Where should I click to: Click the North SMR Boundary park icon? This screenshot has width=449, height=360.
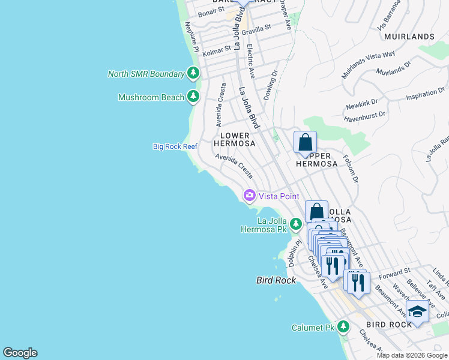[193, 74]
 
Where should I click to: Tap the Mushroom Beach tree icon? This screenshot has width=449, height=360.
[193, 97]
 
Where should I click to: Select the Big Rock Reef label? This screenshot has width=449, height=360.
[175, 146]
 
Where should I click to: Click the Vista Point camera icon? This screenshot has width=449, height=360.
[249, 196]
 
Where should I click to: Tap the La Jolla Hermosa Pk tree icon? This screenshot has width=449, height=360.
[295, 224]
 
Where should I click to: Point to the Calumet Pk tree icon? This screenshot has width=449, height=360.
[343, 327]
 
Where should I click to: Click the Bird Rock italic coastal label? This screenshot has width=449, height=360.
[276, 280]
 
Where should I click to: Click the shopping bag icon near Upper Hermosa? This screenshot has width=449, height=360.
[305, 143]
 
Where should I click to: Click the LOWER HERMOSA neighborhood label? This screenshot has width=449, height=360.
[235, 139]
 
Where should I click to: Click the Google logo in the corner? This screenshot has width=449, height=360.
[20, 353]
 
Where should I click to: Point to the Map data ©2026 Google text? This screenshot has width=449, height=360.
[411, 355]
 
